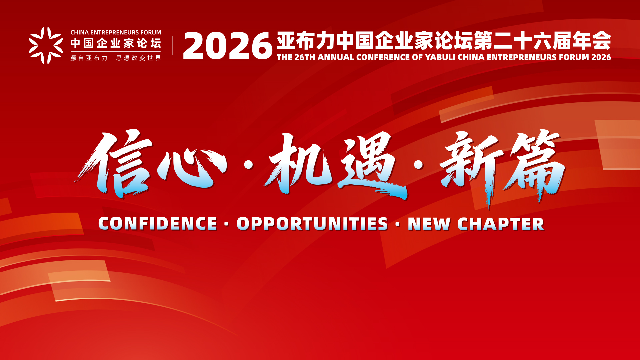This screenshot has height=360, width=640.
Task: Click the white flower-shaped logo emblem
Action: pos(46,45)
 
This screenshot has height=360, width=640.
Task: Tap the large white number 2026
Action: pos(228,46)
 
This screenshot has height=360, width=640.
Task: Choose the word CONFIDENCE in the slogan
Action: pos(158,224)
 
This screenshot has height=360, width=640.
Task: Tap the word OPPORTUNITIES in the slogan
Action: pos(312,224)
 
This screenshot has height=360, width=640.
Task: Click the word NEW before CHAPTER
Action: pos(429,224)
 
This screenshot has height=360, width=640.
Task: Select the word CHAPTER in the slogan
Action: pos(501,224)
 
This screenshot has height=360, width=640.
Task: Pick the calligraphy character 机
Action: pos(298,163)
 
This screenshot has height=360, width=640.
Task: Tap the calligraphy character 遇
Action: pos(372,165)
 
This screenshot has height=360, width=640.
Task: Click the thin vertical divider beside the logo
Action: pos(172,45)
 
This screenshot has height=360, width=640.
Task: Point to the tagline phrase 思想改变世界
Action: pos(138,58)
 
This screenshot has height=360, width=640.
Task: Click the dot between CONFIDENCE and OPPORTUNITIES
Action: pos(227,224)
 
